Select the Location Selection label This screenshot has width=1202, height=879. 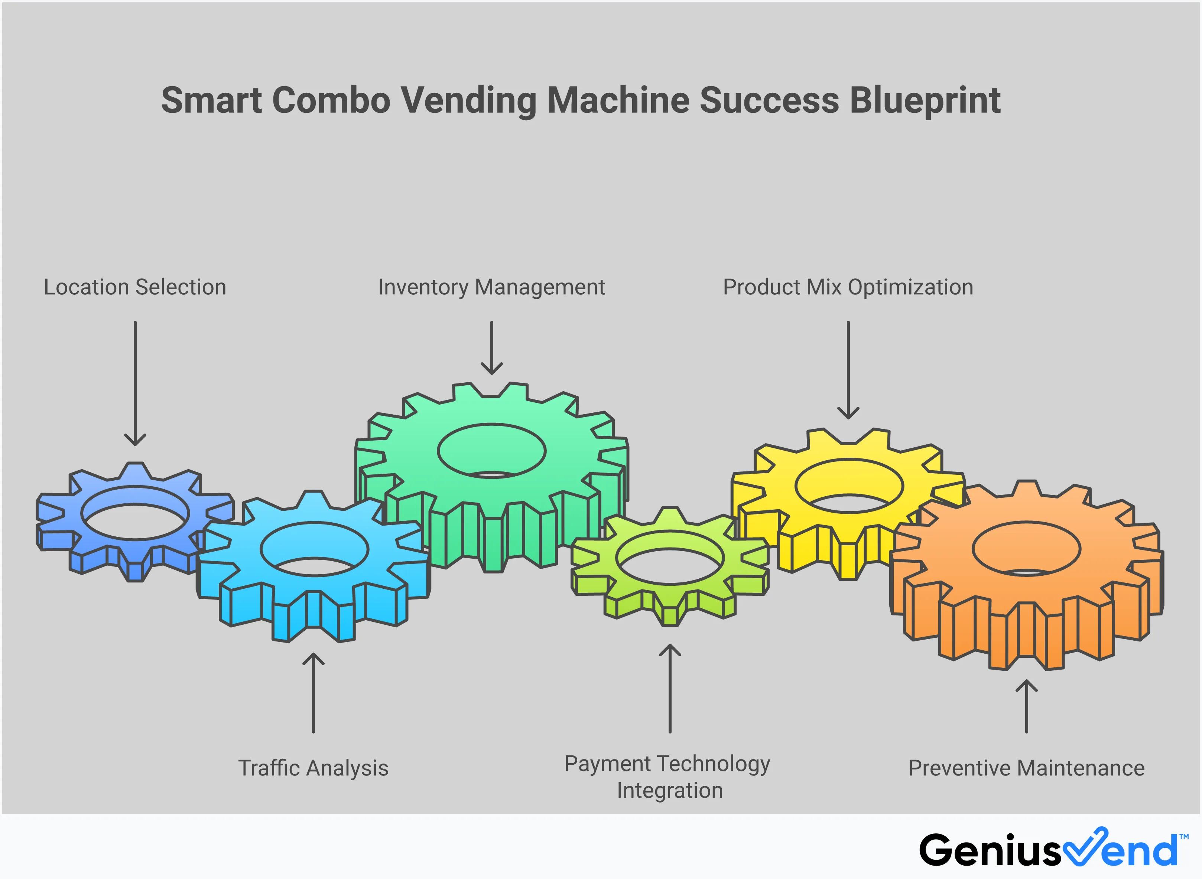coord(135,287)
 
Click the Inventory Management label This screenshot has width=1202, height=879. coord(491,287)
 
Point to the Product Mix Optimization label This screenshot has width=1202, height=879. coord(848,287)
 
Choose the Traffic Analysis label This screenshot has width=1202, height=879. coord(313,768)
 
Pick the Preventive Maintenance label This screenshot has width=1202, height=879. coord(1026,768)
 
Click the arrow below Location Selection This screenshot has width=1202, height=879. coord(135,383)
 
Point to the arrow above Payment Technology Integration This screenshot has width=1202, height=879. coord(670,689)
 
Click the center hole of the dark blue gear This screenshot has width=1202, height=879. coord(135,513)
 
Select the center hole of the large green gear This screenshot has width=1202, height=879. coord(491,451)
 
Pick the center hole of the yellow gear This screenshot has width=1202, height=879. coord(849,486)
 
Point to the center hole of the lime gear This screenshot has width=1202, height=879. coord(670,558)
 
